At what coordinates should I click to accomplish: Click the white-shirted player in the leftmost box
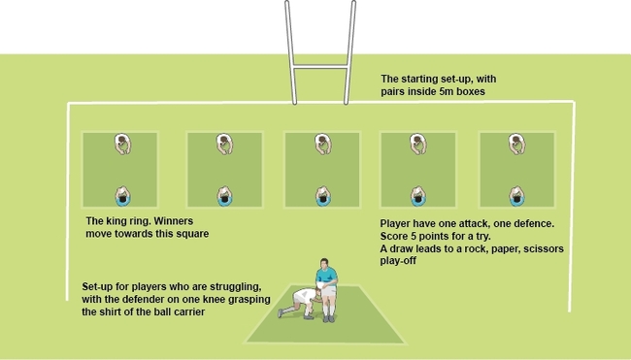tap(122, 145)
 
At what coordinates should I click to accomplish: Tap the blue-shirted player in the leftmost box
tap(122, 197)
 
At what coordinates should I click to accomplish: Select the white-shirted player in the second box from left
tap(224, 145)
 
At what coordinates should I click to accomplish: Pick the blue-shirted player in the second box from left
tap(224, 197)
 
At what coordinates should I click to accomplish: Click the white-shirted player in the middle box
tap(321, 145)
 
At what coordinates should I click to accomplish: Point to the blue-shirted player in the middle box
tap(321, 197)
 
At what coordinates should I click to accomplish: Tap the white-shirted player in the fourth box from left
tap(417, 145)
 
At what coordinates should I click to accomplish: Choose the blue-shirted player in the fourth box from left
tap(417, 197)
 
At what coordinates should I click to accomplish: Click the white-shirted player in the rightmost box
tap(515, 145)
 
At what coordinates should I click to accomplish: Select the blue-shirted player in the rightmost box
tap(515, 197)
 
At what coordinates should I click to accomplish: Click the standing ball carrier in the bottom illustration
tap(329, 286)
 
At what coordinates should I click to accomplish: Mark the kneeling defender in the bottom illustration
tap(301, 300)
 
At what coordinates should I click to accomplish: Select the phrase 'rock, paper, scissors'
tap(511, 248)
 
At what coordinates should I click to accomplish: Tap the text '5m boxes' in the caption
tap(461, 91)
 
